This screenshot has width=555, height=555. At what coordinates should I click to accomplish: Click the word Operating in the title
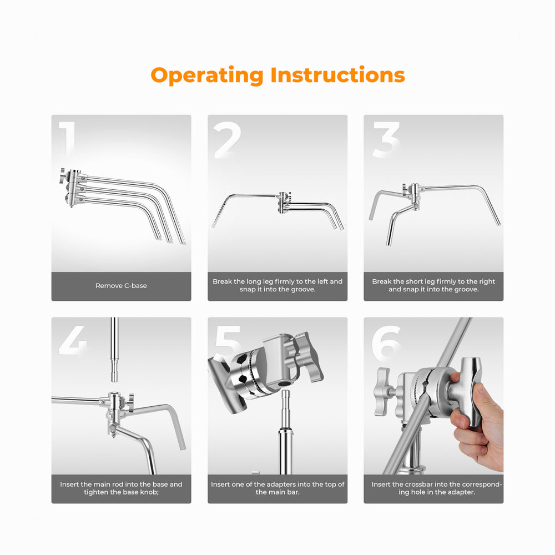[206, 75]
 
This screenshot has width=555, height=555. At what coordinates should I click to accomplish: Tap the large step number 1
[68, 139]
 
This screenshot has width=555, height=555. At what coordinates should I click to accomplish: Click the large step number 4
[73, 340]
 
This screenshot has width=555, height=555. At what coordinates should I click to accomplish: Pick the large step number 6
[386, 342]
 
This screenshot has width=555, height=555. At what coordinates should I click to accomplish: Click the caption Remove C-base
[121, 286]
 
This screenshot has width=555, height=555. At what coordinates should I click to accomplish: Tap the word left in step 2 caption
[323, 281]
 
